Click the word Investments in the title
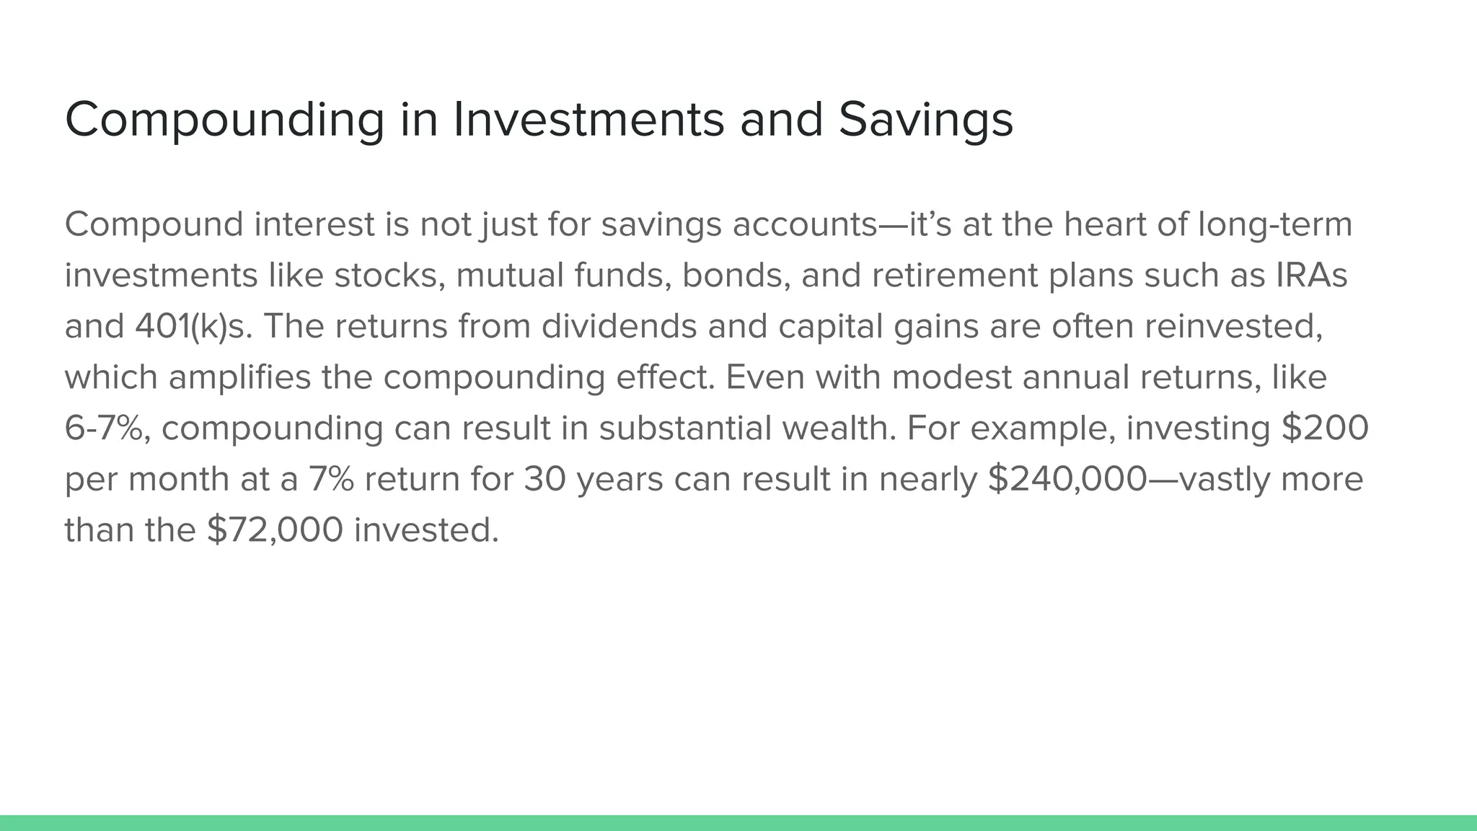tap(588, 119)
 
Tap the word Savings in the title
tap(925, 119)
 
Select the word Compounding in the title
tap(224, 119)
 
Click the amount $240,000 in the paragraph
tap(1067, 479)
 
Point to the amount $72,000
tap(275, 530)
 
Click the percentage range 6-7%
tap(107, 428)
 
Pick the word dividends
tap(619, 326)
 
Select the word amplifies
tap(239, 377)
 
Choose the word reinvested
tap(1233, 326)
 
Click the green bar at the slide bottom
tap(738, 822)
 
